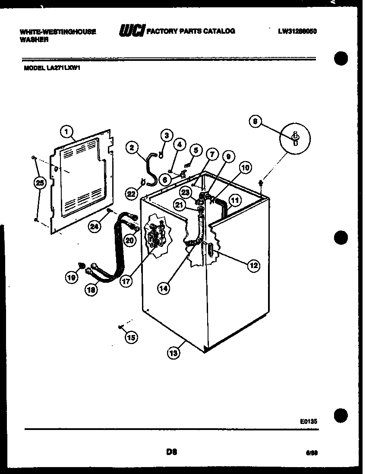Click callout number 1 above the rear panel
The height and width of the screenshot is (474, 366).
pos(66,130)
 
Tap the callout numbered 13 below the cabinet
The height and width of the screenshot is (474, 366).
pos(173,353)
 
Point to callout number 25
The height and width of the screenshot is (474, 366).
pos(39,183)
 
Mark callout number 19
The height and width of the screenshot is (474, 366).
pos(71,278)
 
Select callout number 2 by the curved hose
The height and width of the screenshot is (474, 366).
pos(132,148)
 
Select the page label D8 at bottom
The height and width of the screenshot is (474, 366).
pos(171,452)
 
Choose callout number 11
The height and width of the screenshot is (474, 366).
pos(235,200)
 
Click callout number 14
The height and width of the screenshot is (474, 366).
pos(163,289)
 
